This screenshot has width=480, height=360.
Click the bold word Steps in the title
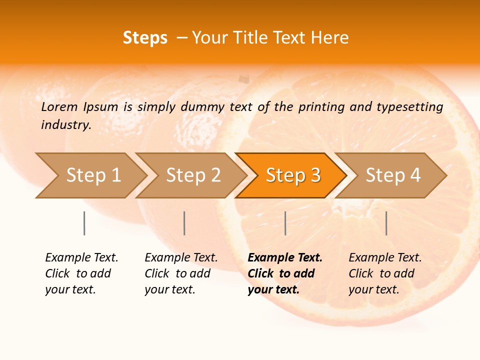[145, 38]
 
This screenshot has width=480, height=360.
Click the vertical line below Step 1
[84, 223]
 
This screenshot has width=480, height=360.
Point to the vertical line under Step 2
[184, 223]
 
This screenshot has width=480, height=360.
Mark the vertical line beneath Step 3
[285, 223]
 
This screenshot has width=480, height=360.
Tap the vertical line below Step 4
[386, 223]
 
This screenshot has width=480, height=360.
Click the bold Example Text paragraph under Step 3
[285, 273]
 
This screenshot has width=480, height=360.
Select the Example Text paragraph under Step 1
[81, 273]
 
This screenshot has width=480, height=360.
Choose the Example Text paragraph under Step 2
[181, 273]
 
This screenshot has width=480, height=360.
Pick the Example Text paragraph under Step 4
[385, 273]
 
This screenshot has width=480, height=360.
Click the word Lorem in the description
[59, 106]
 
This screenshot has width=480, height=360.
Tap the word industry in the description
[66, 124]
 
